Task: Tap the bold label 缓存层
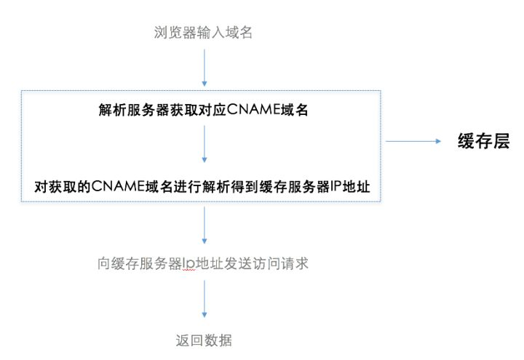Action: click(x=483, y=142)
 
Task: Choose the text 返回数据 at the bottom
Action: click(x=205, y=340)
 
